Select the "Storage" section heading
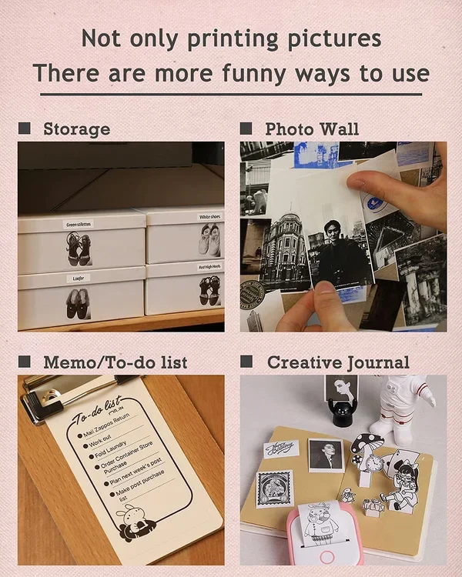[x=76, y=128]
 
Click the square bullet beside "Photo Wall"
[x=246, y=128]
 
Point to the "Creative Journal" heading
[x=338, y=362]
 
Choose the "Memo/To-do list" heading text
[x=115, y=362]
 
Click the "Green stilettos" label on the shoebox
[x=78, y=224]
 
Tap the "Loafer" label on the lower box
[x=78, y=278]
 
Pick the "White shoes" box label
[x=209, y=218]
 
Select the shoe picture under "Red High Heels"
[x=209, y=292]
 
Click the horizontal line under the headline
[x=230, y=95]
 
